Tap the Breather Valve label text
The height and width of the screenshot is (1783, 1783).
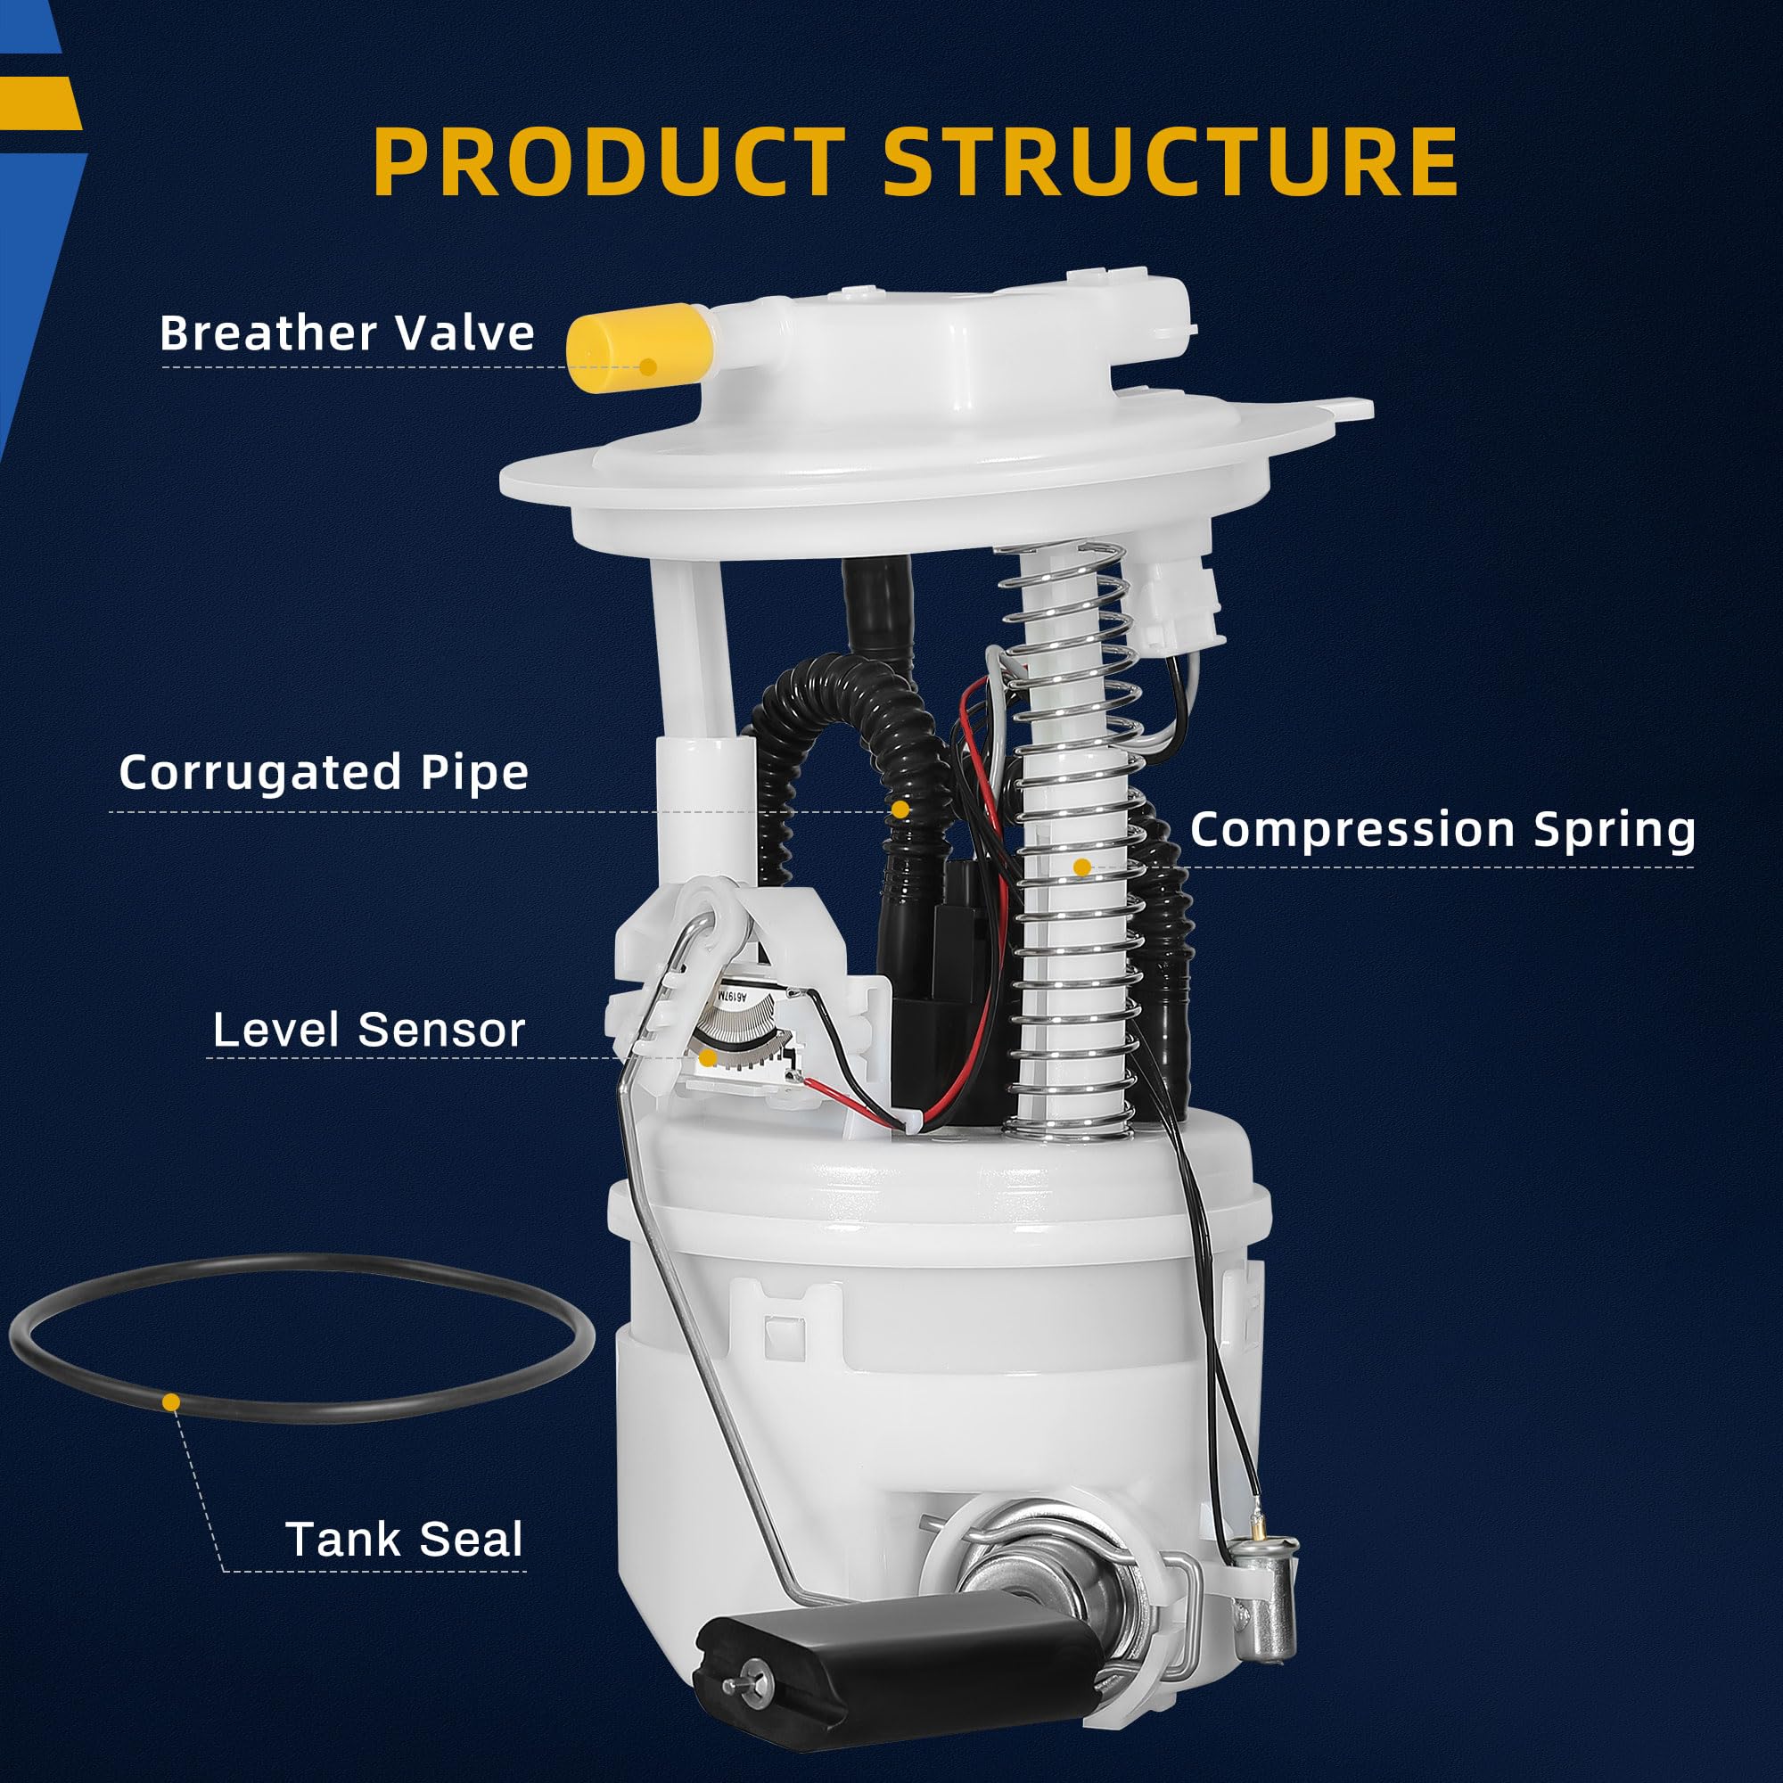[x=347, y=333]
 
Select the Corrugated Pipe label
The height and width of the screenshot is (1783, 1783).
[x=324, y=771]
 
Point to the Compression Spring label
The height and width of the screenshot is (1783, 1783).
[x=1442, y=829]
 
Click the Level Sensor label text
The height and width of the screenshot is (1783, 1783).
[x=368, y=1029]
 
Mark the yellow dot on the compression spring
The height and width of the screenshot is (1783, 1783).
[x=1082, y=867]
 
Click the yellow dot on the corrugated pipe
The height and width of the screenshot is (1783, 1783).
[x=900, y=809]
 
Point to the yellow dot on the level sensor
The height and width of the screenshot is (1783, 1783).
[x=707, y=1058]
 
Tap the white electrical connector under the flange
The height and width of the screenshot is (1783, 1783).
[x=1177, y=601]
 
